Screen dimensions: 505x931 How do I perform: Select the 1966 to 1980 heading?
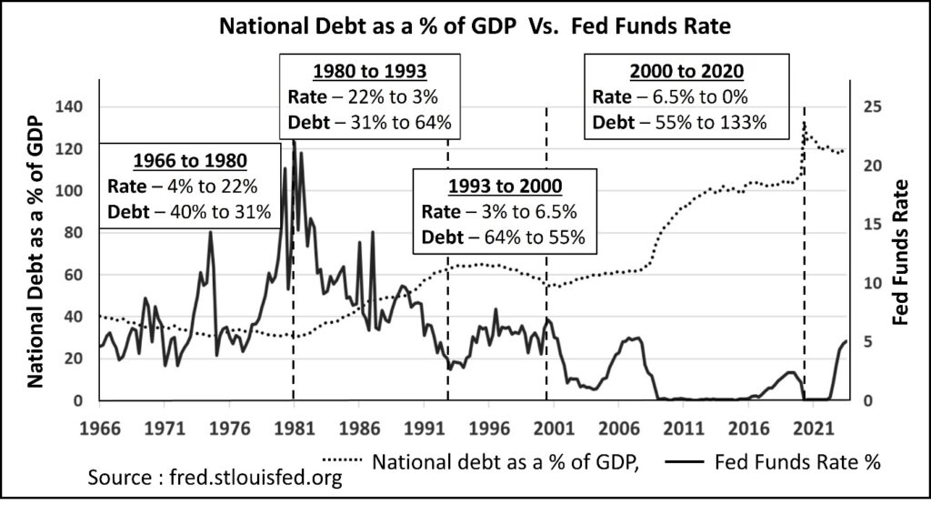click(x=189, y=162)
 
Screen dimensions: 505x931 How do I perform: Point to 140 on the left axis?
click(x=69, y=106)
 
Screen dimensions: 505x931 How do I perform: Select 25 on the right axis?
click(x=870, y=106)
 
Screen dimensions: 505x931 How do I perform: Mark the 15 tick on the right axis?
click(x=870, y=224)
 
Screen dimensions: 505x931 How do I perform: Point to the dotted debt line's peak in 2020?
click(x=804, y=125)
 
